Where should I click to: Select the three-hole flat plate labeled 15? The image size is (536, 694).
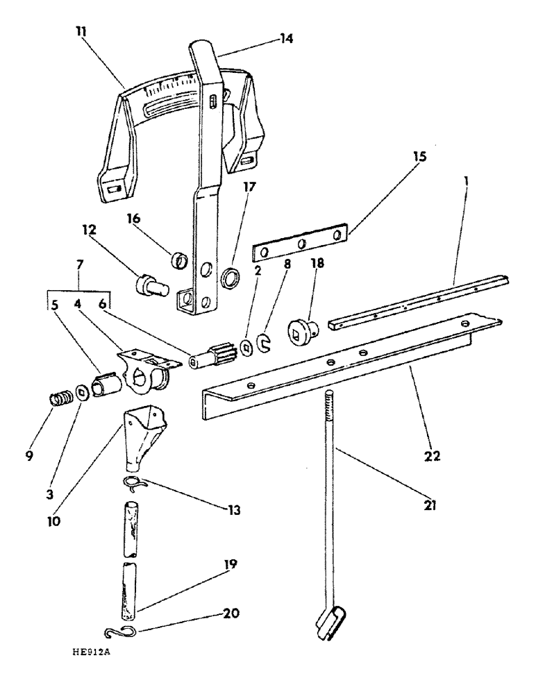[x=300, y=244]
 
